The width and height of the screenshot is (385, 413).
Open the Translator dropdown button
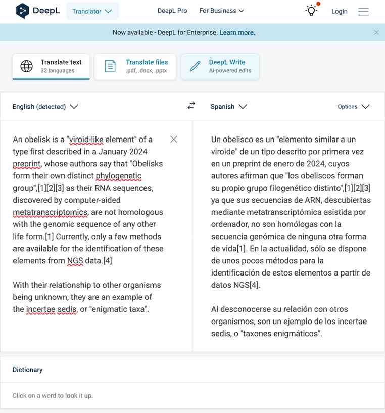92,11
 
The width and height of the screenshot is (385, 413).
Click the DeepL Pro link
172,11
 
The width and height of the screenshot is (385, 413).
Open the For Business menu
221,11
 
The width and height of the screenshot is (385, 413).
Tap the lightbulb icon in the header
311,11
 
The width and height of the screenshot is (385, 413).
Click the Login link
340,11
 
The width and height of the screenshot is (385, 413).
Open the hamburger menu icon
363,11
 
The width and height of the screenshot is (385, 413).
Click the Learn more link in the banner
237,32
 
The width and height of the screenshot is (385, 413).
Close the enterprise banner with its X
376,32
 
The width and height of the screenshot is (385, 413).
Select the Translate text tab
51,66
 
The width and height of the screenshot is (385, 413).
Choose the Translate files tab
135,66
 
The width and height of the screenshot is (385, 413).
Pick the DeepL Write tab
220,66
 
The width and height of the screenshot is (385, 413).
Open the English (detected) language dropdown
45,107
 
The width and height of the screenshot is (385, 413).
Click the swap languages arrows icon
191,106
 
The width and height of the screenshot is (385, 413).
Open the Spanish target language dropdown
228,107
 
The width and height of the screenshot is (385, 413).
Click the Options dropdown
354,107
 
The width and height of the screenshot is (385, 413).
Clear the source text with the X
174,139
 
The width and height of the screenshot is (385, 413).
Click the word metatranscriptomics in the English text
50,212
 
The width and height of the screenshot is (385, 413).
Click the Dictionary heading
28,370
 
